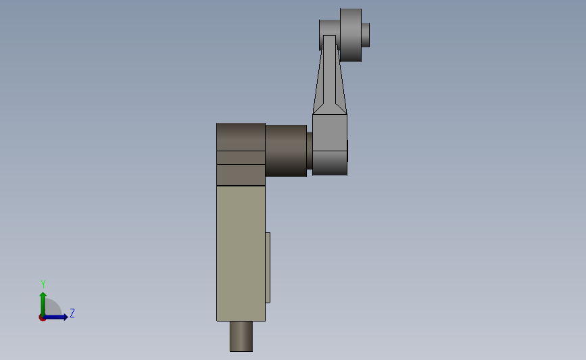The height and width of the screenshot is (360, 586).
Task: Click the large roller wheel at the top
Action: coord(351,34)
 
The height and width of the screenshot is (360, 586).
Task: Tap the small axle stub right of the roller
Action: coord(366,35)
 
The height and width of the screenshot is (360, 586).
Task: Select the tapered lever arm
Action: coord(330,78)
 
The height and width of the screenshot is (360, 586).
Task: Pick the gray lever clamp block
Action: coord(330,132)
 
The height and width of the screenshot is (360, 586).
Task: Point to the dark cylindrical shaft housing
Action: coord(285,150)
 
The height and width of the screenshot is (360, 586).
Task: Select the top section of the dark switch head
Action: coord(241,136)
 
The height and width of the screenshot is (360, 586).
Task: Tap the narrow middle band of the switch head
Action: coord(241,157)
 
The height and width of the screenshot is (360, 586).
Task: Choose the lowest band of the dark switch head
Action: coord(241,175)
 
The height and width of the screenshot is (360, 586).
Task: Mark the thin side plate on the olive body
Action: coord(268,267)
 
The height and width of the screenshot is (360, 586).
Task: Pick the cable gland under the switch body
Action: coord(241,336)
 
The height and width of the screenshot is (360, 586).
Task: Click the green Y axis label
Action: coord(43,284)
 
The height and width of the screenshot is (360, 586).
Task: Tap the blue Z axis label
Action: coord(72,313)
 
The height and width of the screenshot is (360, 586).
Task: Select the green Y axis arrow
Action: coord(43,301)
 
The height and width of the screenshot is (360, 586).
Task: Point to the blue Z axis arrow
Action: coord(59,317)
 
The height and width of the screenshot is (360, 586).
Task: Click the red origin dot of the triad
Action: coord(42,317)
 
